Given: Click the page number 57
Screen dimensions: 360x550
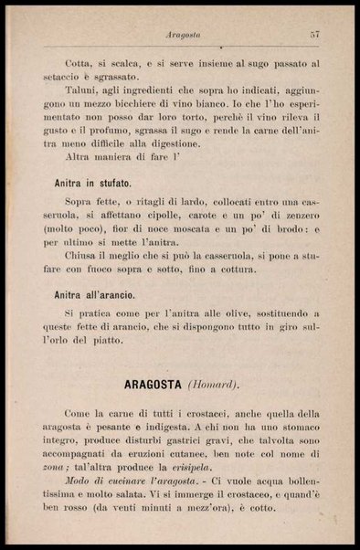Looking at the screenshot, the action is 313,35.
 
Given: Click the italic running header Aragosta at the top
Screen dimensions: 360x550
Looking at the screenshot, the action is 184,35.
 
